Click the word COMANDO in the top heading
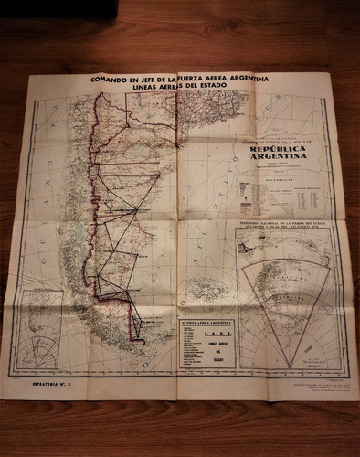pos(107,79)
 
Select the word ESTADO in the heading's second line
pos(238,89)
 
